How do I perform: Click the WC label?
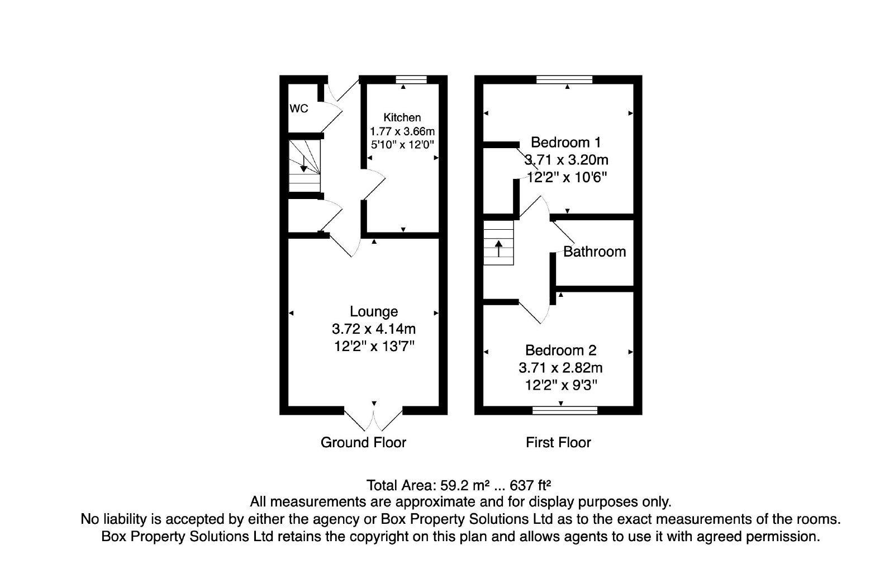pyautogui.click(x=298, y=108)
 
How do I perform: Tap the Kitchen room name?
pyautogui.click(x=402, y=117)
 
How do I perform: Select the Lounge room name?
pyautogui.click(x=374, y=311)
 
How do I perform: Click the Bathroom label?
pyautogui.click(x=595, y=252)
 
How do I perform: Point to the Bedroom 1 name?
pyautogui.click(x=566, y=142)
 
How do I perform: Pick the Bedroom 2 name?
pyautogui.click(x=561, y=350)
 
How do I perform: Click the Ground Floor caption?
pyautogui.click(x=363, y=442)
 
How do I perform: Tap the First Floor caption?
pyautogui.click(x=558, y=442)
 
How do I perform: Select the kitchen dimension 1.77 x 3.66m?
pyautogui.click(x=402, y=131)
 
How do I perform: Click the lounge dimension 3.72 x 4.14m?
pyautogui.click(x=374, y=329)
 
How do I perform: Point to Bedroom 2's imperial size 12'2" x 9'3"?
pyautogui.click(x=561, y=385)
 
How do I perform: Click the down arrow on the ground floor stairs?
pyautogui.click(x=304, y=164)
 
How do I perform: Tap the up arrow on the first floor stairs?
pyautogui.click(x=498, y=248)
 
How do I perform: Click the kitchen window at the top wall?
pyautogui.click(x=411, y=79)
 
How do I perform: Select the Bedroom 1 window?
pyautogui.click(x=564, y=79)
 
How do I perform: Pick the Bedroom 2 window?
pyautogui.click(x=565, y=410)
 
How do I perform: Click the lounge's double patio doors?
pyautogui.click(x=373, y=419)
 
